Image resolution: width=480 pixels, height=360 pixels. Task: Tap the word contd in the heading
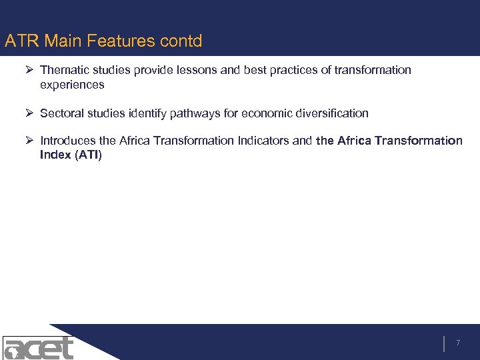tap(181, 41)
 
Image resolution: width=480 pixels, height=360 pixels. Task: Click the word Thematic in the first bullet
tap(63, 70)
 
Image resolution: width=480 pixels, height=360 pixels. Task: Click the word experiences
tap(72, 85)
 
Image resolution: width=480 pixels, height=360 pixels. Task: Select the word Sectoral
tap(62, 113)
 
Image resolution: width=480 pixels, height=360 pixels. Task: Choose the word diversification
tap(331, 113)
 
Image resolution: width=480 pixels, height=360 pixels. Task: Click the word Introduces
tap(68, 141)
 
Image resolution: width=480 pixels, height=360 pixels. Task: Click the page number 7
tap(458, 343)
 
